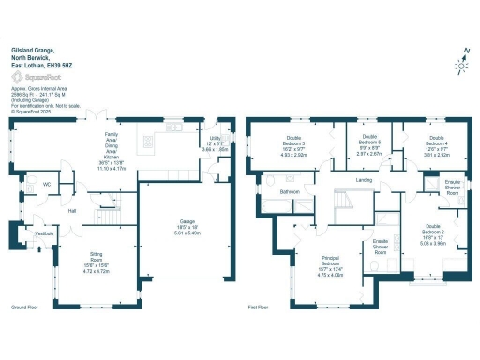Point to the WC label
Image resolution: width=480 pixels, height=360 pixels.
(47, 185)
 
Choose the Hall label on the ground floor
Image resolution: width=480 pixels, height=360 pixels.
(71, 211)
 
